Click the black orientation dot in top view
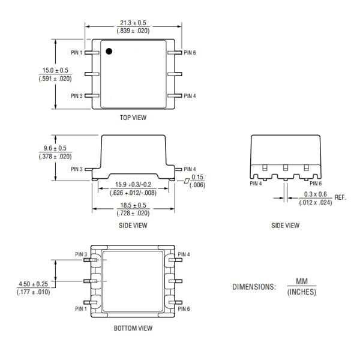(x=109, y=52)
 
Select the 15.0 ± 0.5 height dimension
(x=55, y=71)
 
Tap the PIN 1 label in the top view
(x=76, y=53)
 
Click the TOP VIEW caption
(x=133, y=118)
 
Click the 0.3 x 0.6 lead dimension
(x=315, y=194)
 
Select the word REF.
(x=341, y=197)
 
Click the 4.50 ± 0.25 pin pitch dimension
(x=33, y=284)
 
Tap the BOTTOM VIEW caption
(x=133, y=328)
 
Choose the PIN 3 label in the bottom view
(x=81, y=254)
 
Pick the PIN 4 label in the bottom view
(x=184, y=254)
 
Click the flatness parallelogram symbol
(x=187, y=180)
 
